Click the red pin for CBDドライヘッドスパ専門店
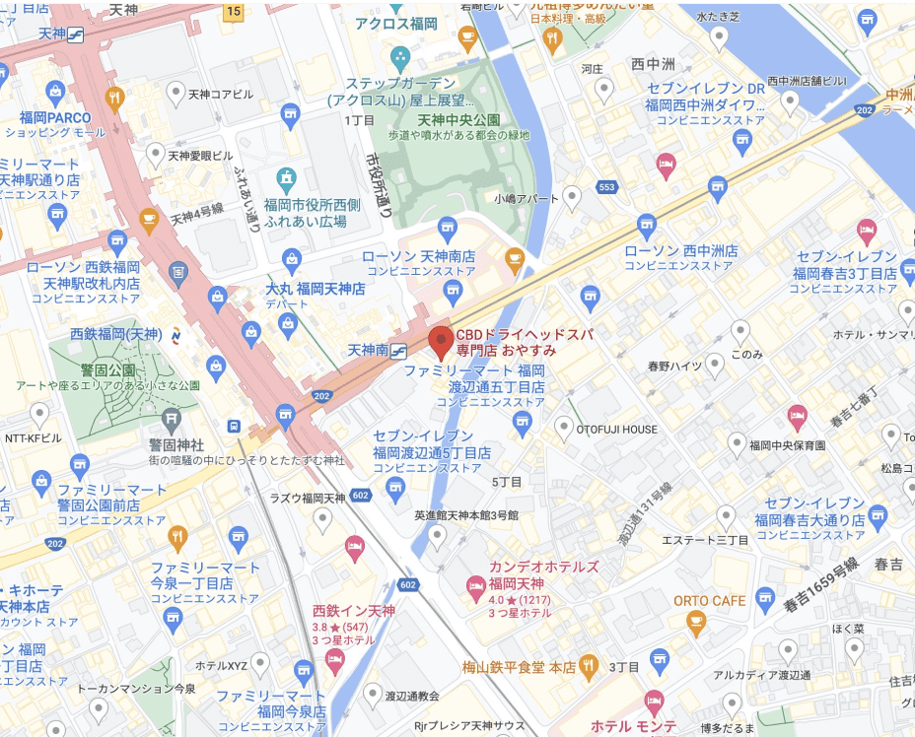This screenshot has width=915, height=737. [x=441, y=340]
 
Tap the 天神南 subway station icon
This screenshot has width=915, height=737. [x=399, y=350]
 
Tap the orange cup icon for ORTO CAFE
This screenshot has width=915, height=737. [x=697, y=620]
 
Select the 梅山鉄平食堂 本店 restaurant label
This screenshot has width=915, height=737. [x=519, y=667]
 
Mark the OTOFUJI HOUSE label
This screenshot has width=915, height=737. [x=617, y=429]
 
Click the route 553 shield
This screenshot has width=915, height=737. [x=607, y=187]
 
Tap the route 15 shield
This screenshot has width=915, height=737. [x=233, y=12]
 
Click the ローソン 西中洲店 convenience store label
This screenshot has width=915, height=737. [x=680, y=251]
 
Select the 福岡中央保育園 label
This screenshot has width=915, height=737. [x=786, y=445]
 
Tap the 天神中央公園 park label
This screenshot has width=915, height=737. [x=457, y=119]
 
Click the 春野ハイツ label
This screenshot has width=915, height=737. [x=674, y=366]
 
